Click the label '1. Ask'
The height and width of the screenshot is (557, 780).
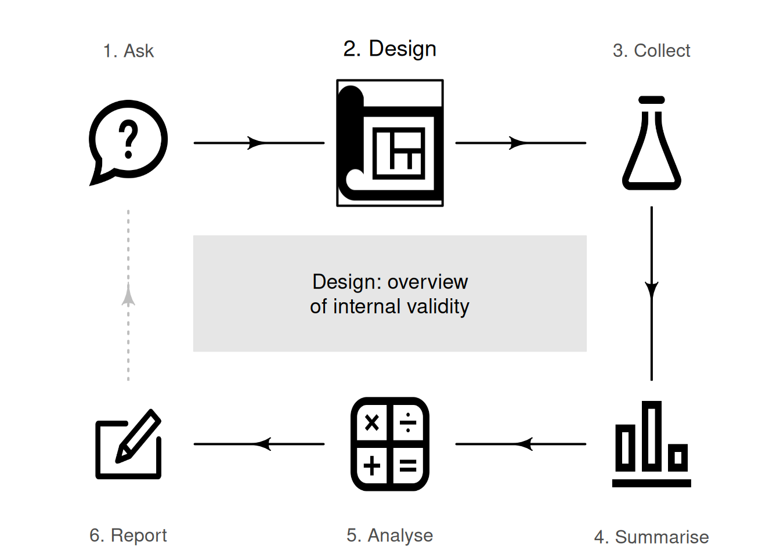[x=128, y=51]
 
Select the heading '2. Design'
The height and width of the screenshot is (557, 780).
[x=389, y=49]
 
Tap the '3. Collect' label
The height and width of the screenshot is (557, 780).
[x=651, y=51]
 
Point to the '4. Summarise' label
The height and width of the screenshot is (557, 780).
[x=651, y=537]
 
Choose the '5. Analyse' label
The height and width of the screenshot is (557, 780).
[x=389, y=536]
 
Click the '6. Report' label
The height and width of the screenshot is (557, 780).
[x=128, y=536]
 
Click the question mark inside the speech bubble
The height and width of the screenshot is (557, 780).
[x=128, y=139]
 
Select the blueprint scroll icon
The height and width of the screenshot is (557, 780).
[x=389, y=143]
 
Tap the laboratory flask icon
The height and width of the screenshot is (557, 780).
[x=652, y=143]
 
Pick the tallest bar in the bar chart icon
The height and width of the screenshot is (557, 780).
[x=652, y=436]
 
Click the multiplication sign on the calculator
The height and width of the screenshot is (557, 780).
[x=371, y=423]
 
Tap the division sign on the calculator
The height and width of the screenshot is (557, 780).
[x=408, y=422]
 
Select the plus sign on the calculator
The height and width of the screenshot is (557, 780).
[x=371, y=465]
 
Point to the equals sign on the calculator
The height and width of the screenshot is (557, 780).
[x=408, y=465]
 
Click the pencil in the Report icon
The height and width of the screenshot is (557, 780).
[x=138, y=436]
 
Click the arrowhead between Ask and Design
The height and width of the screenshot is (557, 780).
[x=256, y=143]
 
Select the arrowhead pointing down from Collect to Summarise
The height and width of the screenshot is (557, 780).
[x=652, y=290]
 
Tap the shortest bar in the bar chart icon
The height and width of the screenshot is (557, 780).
[x=678, y=458]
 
